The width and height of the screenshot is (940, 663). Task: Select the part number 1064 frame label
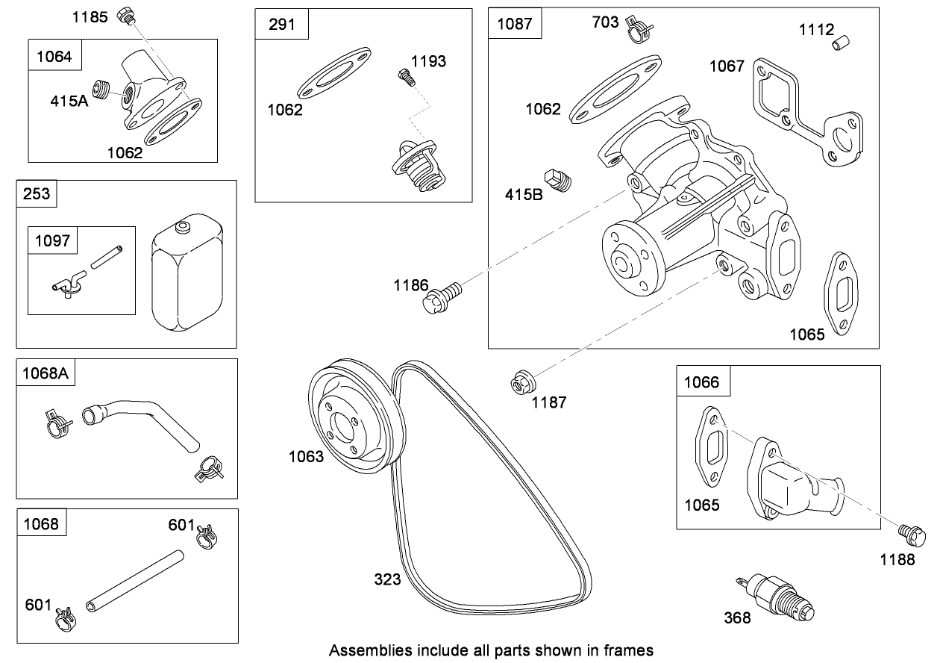(x=54, y=56)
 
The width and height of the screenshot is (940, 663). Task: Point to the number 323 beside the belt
(x=388, y=579)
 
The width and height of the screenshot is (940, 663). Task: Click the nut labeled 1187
(x=519, y=383)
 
